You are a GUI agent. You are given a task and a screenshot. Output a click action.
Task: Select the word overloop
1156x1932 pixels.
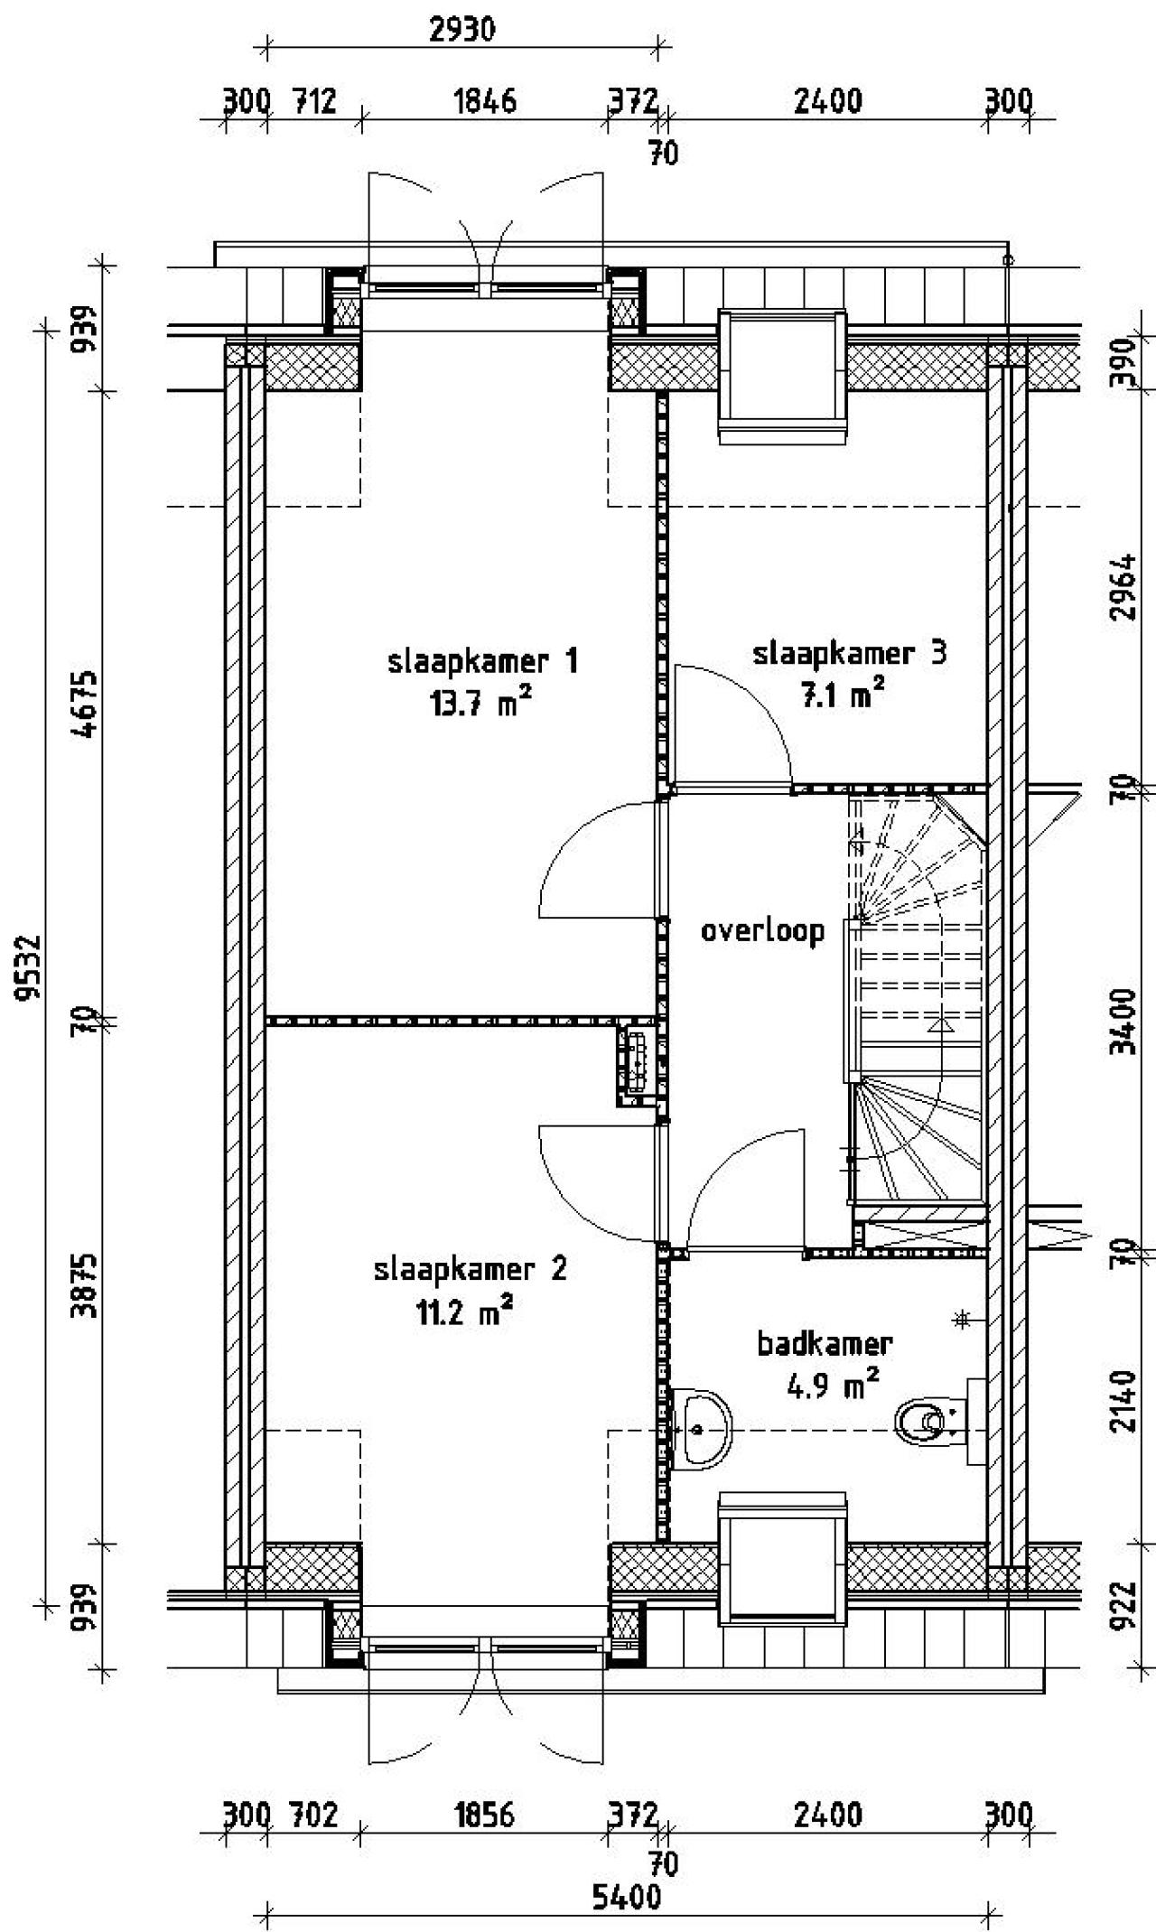(x=763, y=930)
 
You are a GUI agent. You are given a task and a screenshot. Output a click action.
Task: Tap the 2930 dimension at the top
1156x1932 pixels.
(x=461, y=30)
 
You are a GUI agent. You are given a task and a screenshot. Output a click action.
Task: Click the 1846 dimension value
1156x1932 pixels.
(x=485, y=101)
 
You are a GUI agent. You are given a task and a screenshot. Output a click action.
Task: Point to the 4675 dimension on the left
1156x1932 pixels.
(x=87, y=705)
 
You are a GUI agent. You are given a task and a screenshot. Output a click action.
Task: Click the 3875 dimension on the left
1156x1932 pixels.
(x=87, y=1285)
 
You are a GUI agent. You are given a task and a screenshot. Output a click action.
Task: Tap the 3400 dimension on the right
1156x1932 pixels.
(x=1123, y=1021)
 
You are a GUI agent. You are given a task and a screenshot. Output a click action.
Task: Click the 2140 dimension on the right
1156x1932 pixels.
(x=1123, y=1401)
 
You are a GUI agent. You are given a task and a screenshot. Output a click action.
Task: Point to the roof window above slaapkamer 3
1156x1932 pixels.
(x=783, y=375)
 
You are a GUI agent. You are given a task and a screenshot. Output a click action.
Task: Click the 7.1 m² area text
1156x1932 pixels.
(x=840, y=695)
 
